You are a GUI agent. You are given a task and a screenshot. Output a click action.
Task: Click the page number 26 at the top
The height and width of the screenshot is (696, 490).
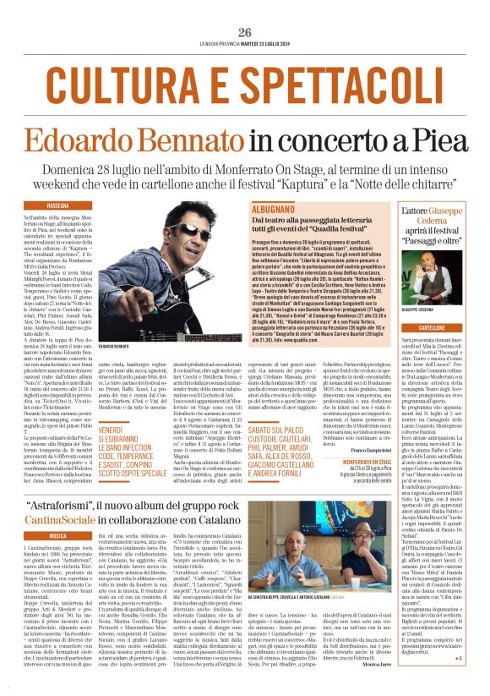point(245,32)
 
